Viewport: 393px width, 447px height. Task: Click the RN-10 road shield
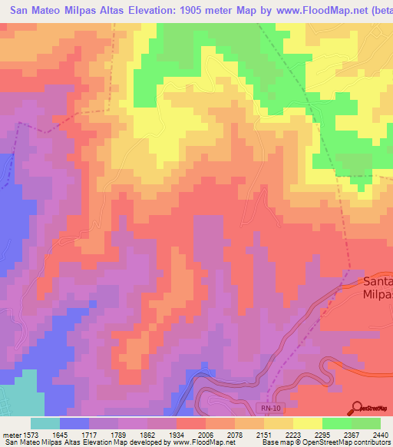[266, 412]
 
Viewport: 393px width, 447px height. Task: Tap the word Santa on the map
[378, 280]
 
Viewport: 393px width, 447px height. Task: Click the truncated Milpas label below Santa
[378, 293]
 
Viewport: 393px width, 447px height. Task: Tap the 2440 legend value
[379, 435]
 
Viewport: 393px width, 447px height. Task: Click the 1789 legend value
[119, 435]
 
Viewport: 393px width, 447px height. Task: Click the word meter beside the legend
[11, 435]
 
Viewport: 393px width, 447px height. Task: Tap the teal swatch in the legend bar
[45, 423]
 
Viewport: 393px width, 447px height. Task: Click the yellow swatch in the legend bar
[307, 423]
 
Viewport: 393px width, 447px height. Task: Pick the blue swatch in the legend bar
[74, 423]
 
